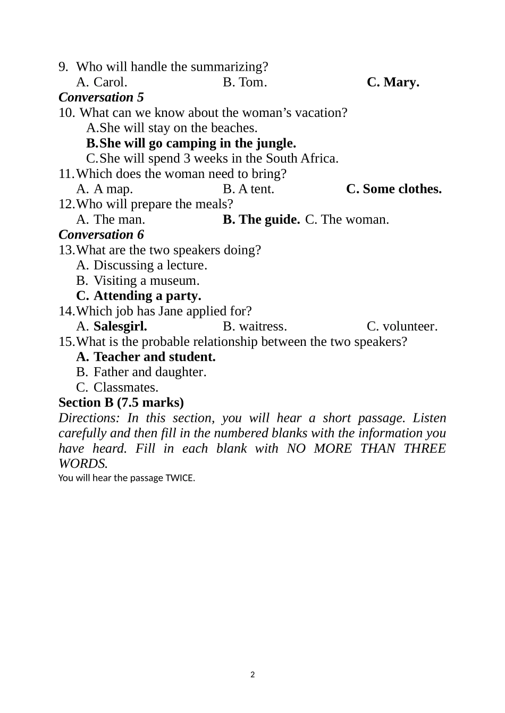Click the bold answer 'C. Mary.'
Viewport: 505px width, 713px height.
tap(393, 82)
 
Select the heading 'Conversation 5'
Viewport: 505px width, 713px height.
tap(101, 98)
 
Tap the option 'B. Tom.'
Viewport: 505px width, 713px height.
tap(245, 82)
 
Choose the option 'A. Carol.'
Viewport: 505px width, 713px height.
tap(102, 82)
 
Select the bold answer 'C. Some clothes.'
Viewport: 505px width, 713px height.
tap(393, 189)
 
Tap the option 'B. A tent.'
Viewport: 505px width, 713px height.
tap(248, 189)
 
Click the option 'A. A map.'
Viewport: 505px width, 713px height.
tap(104, 189)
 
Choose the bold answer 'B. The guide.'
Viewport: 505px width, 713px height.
tap(261, 220)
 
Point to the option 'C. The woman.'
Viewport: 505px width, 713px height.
tap(347, 220)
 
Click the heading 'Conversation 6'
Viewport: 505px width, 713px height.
tap(101, 235)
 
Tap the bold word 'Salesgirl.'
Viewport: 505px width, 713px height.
tap(120, 326)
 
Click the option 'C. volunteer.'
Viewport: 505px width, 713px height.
tap(402, 326)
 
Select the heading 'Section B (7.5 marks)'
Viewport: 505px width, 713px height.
tap(121, 403)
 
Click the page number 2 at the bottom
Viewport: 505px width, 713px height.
tap(252, 675)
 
